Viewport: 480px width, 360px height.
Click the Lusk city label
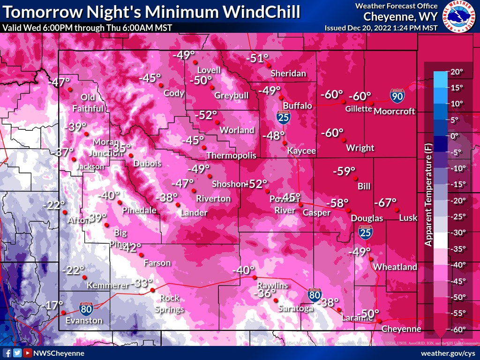(408, 218)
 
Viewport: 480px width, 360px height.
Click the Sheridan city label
(288, 74)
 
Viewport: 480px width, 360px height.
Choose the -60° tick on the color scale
(457, 330)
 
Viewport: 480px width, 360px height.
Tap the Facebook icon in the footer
(7, 353)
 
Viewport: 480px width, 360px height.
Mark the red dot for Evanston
(62, 313)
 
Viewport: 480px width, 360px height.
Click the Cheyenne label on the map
(401, 329)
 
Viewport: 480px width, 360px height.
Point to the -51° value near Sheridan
(257, 59)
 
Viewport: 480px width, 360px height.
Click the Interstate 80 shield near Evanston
(86, 308)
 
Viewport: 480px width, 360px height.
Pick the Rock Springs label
(169, 303)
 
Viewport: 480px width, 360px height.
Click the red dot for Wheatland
(371, 259)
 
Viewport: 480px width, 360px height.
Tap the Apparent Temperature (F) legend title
(427, 194)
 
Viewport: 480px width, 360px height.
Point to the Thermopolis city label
(232, 155)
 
